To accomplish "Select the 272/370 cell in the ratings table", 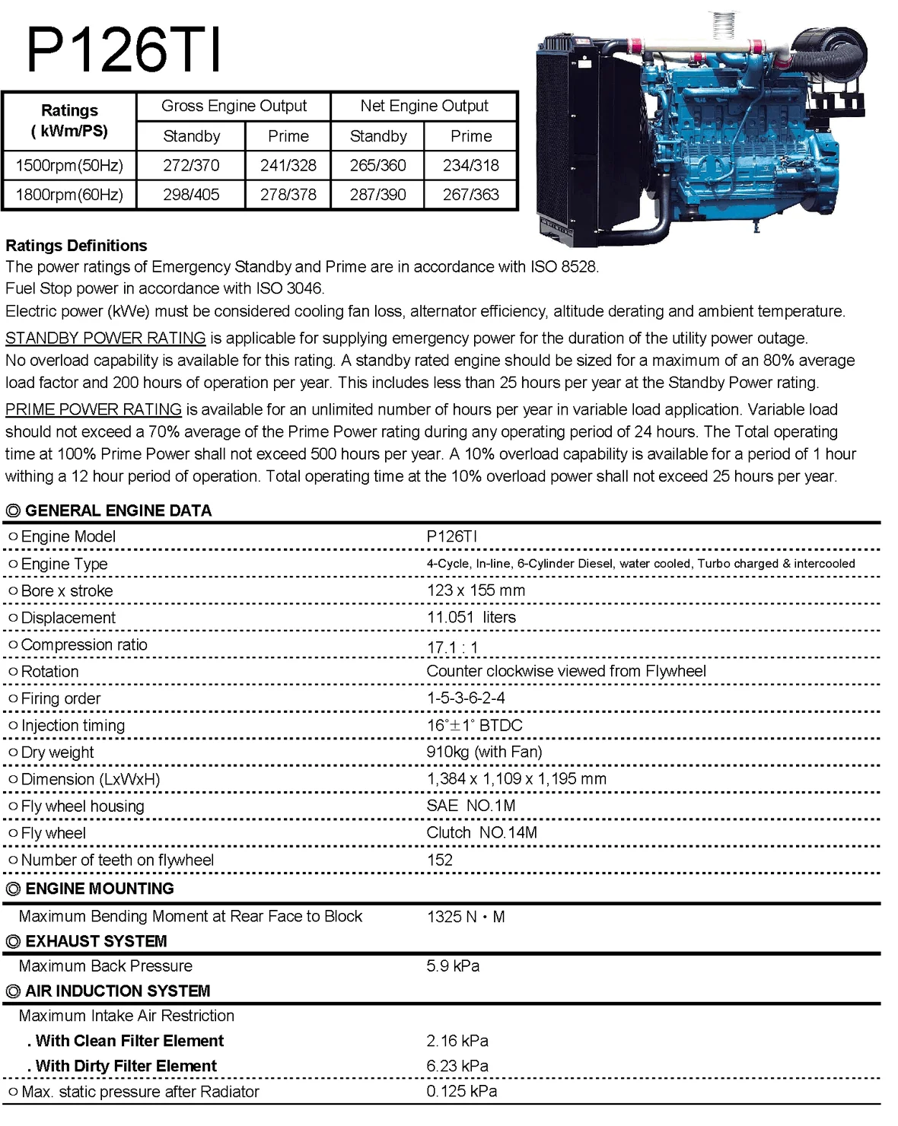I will [191, 165].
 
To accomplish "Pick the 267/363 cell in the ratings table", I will [470, 195].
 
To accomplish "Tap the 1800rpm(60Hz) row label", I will [69, 195].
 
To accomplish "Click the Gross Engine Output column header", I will [234, 106].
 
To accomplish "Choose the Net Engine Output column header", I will [424, 106].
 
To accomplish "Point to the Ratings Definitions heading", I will [76, 246].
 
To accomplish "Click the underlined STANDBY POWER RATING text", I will [106, 338].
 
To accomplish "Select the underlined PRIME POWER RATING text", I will [94, 409].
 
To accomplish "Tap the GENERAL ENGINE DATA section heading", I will [118, 511].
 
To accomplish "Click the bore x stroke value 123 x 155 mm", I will [476, 590].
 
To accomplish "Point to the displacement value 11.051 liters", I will [471, 617].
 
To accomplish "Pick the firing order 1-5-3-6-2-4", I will [466, 698].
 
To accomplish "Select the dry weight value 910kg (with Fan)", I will [484, 752].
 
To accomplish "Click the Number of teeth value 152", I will [440, 860].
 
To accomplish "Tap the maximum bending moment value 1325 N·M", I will [466, 917].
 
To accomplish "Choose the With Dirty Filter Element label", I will [126, 1066].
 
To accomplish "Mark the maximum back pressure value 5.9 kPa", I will [453, 966].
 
